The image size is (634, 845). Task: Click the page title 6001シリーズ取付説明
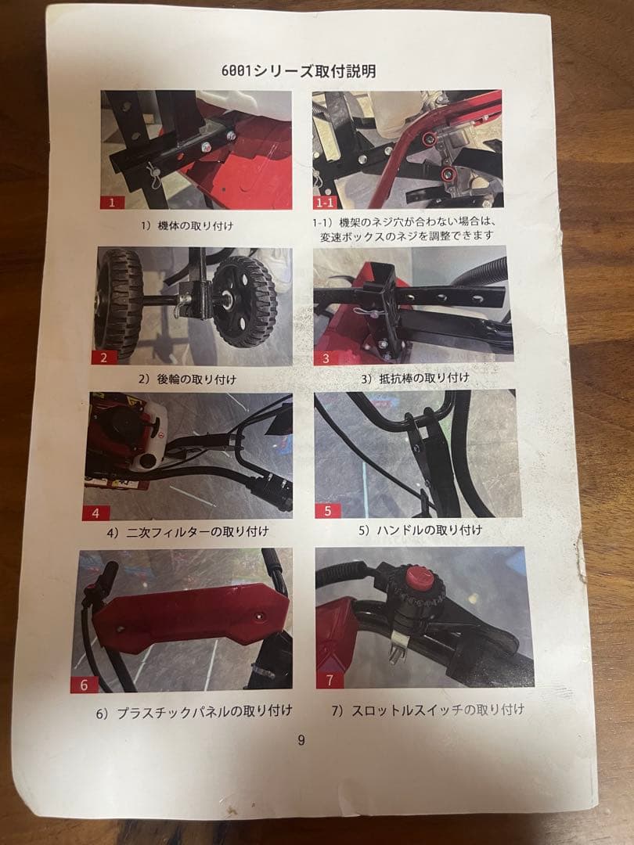point(301,70)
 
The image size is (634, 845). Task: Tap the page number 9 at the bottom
point(301,740)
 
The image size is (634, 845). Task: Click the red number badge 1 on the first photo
point(112,202)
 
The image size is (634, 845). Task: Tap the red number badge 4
point(95,513)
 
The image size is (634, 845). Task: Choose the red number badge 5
point(327,511)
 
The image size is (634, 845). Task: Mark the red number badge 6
point(85,684)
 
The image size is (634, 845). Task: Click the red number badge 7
point(330,679)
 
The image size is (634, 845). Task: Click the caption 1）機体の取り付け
point(187,225)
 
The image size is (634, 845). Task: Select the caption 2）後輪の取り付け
point(187,379)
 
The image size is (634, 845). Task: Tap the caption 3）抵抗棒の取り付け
point(415,378)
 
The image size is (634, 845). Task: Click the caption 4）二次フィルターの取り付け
point(188,531)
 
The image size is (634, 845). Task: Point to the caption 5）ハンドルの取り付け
point(420,530)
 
